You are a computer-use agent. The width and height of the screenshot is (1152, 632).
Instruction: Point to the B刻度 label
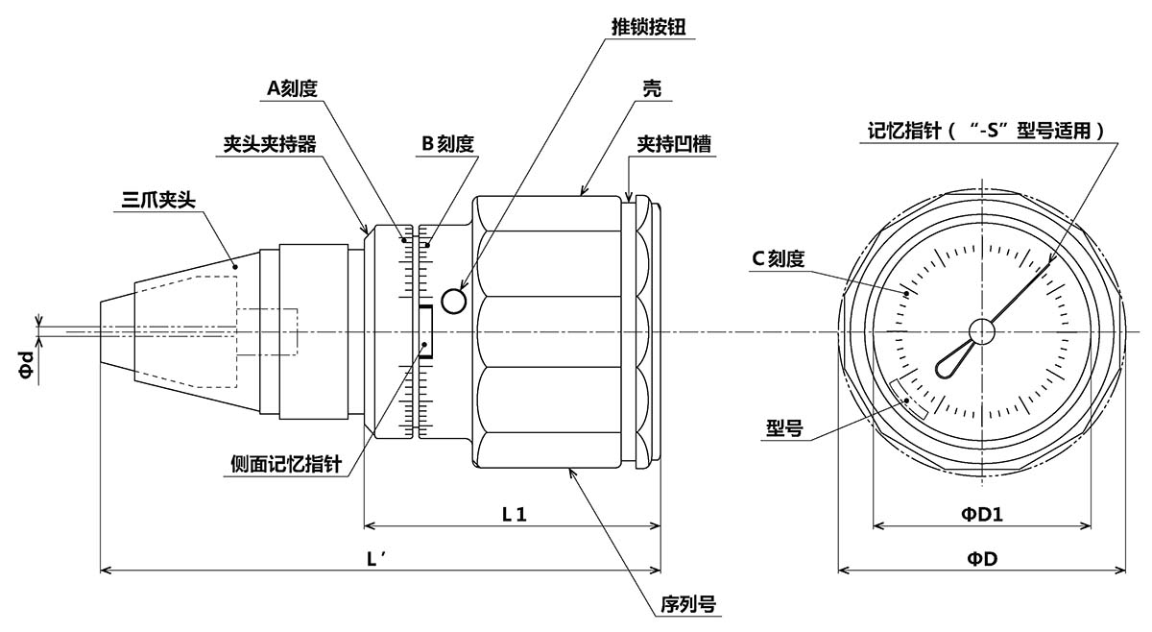point(447,144)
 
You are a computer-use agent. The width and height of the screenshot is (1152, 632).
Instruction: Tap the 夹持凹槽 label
point(674,144)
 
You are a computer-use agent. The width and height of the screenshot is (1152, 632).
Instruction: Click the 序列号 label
point(688,605)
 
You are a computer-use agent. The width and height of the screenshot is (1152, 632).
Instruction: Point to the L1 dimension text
point(515,513)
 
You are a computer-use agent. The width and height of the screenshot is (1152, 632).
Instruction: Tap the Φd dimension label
point(28,363)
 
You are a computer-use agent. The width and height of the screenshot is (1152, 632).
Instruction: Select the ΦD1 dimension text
point(982,514)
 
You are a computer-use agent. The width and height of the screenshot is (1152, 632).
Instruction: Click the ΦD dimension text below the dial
point(982,558)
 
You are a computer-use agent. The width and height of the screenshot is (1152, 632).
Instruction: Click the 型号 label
point(784,426)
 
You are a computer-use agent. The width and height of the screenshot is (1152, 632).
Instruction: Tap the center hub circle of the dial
point(981,331)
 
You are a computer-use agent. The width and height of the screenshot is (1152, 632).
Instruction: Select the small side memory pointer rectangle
point(424,332)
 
